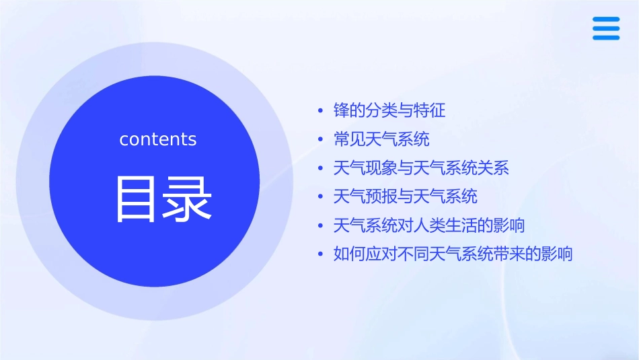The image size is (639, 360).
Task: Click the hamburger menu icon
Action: click(606, 28)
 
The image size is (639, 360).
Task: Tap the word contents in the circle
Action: click(158, 139)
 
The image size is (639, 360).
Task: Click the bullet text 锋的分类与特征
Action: click(389, 110)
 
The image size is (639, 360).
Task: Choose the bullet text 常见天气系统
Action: click(381, 139)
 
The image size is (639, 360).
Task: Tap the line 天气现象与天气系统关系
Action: click(421, 168)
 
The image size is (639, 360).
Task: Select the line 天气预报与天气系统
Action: click(406, 196)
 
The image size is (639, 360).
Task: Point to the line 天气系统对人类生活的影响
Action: click(429, 225)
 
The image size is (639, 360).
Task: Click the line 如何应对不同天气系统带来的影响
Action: click(453, 254)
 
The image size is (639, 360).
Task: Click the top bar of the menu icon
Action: click(606, 20)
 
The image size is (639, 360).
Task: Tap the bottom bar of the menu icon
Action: click(606, 38)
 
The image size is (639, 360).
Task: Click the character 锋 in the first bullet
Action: click(342, 110)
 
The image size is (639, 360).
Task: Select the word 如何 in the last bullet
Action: click(350, 254)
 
